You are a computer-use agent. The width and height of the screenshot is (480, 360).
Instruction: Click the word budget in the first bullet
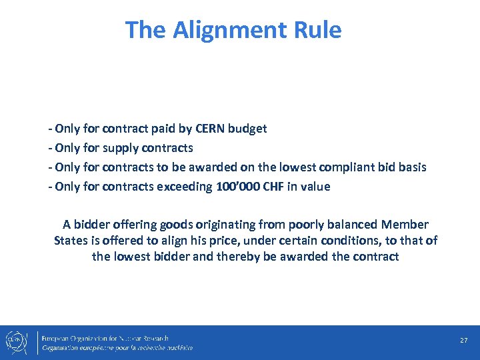click(247, 128)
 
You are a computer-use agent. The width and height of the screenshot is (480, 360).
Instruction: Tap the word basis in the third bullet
click(409, 167)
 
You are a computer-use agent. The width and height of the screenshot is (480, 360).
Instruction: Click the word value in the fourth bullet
click(315, 186)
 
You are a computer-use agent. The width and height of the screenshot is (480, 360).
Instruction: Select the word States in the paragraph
click(70, 240)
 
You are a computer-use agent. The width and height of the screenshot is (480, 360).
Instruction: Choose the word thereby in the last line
click(235, 256)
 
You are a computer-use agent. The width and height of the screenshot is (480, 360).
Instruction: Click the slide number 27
click(463, 341)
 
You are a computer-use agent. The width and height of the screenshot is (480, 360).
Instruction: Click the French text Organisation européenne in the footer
click(87, 347)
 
